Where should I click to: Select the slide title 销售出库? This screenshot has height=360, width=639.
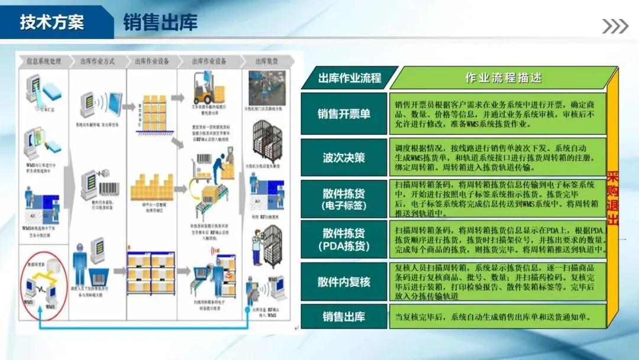(160, 22)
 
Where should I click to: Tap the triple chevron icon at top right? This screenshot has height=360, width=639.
(615, 26)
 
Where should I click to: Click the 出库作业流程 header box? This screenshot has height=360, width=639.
(349, 78)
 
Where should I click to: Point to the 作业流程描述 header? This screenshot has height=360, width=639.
(503, 78)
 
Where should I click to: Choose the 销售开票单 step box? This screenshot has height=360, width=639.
(344, 114)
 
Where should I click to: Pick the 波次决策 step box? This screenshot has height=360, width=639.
(344, 157)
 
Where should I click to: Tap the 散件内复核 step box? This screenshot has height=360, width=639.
(344, 281)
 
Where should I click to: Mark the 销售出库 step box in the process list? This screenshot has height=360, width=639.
(344, 316)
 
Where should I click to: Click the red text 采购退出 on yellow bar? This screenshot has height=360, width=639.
(613, 198)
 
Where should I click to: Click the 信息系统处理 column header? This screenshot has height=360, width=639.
(44, 61)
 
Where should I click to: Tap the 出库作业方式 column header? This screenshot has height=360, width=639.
(98, 61)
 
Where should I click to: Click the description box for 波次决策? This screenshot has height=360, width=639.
(497, 157)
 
